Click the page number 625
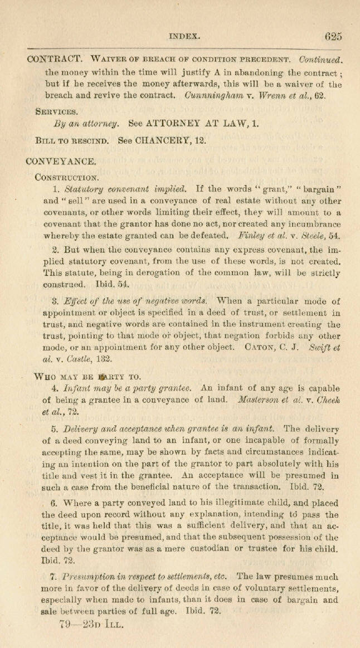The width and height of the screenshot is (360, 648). [x=333, y=36]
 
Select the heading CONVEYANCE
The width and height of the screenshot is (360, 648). [x=61, y=162]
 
